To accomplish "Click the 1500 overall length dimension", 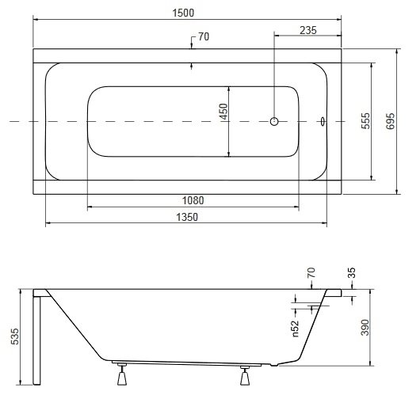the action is tap(183, 13).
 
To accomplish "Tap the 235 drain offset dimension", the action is tap(308, 30).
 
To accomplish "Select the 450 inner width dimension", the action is tap(223, 112).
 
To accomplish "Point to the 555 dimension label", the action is tap(365, 121).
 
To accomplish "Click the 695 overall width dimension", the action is tap(390, 121).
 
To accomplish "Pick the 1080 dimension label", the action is tap(193, 200).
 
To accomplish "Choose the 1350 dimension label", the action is tap(187, 217).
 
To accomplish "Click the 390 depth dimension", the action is tap(365, 327).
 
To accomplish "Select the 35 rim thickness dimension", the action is tap(351, 272).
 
